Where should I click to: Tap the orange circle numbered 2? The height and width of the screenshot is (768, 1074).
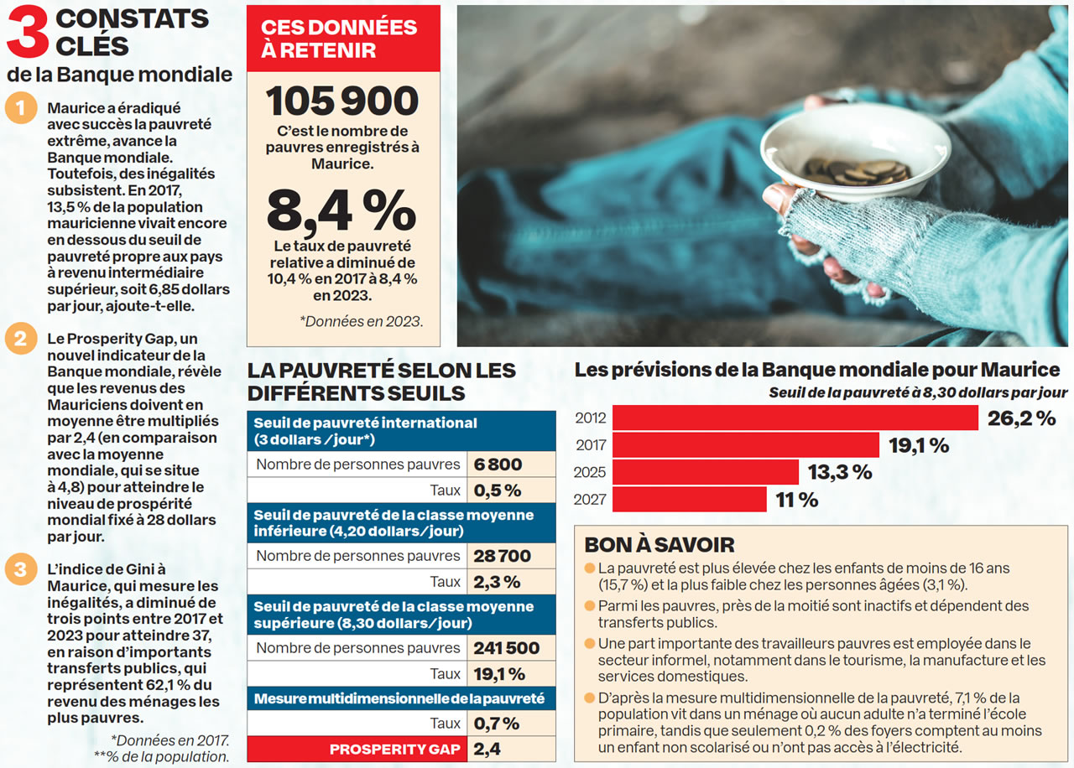click(19, 340)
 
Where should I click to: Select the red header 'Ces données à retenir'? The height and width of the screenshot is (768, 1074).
click(342, 39)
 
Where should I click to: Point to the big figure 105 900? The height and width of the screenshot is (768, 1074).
click(342, 101)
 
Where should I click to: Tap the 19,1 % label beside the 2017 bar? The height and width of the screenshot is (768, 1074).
click(919, 445)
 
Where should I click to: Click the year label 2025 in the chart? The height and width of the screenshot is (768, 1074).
click(590, 473)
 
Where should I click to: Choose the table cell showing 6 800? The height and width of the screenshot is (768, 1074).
click(498, 464)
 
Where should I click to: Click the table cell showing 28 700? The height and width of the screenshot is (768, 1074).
click(502, 556)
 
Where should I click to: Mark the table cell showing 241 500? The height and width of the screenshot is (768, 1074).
click(506, 648)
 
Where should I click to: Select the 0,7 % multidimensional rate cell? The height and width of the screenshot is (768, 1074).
click(496, 723)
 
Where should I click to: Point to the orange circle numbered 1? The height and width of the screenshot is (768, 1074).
click(19, 109)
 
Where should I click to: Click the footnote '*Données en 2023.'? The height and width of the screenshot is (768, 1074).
click(361, 321)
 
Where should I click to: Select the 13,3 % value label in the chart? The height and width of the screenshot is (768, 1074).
click(839, 472)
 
